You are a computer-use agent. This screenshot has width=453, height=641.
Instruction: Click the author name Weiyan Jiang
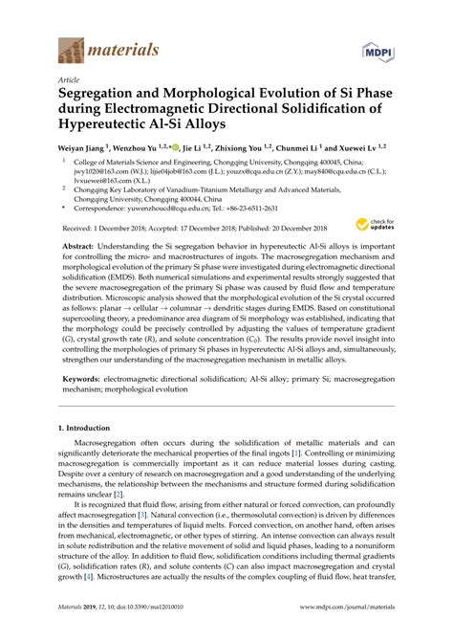(x=81, y=150)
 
